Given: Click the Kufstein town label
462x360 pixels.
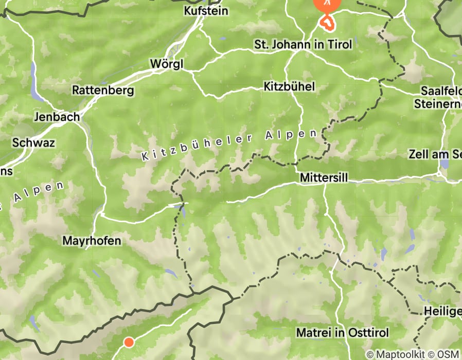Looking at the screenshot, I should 206,10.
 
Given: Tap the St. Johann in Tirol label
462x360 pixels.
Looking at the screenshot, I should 303,45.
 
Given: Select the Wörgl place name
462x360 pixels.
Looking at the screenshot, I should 166,64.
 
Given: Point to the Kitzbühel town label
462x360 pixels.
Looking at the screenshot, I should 289,86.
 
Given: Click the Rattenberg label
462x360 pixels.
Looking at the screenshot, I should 103,91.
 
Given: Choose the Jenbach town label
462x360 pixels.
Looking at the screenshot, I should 56,117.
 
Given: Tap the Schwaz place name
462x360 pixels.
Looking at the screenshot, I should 33,142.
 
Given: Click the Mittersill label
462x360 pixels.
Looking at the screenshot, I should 323,177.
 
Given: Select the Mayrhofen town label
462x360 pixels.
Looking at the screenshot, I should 92,240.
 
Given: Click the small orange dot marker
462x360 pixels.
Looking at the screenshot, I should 129,342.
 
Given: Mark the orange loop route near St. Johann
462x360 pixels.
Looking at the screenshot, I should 327,22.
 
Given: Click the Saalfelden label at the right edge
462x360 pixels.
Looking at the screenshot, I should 441,91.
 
